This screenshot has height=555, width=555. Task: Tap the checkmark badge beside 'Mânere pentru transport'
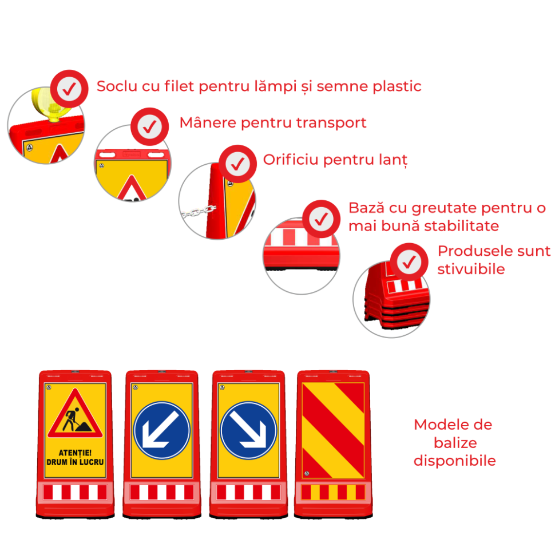coord(149,126)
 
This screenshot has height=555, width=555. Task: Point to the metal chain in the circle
coord(199,211)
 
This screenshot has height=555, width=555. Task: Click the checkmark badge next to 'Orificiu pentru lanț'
coord(237,164)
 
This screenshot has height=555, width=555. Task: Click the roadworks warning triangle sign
coord(75,414)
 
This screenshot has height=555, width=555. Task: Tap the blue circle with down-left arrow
coord(162,430)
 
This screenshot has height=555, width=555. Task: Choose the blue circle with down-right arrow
coord(248,430)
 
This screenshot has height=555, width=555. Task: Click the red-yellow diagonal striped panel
coord(333,430)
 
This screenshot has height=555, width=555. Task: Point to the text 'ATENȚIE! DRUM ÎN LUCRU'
coord(75,457)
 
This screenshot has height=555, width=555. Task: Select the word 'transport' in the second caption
coord(331,123)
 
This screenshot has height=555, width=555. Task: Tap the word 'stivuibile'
coord(471,269)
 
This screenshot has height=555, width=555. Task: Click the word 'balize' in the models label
coord(455,443)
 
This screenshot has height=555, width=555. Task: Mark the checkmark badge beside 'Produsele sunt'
coord(409,262)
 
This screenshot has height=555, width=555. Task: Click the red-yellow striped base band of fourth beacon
coord(333,493)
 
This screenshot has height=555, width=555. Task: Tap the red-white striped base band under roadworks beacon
coord(75,493)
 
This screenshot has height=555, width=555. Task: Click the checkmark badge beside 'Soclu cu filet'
coord(69,89)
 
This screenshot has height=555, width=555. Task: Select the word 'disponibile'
coord(455,461)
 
